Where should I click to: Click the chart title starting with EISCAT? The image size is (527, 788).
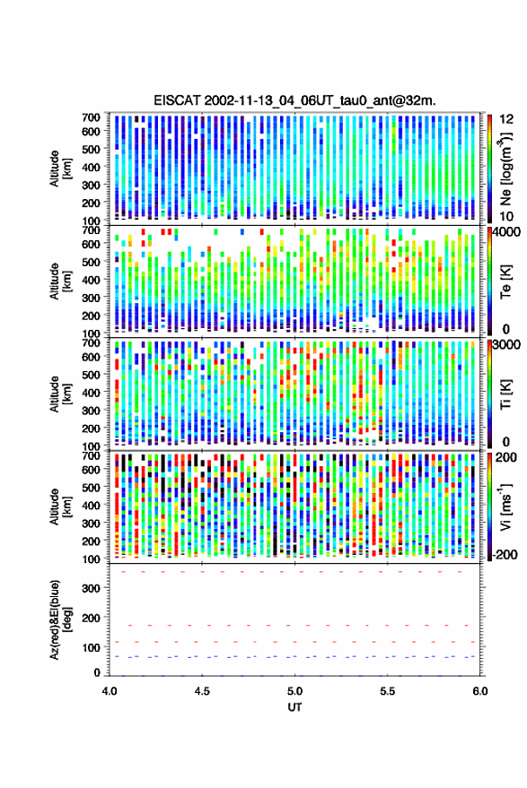[295, 100]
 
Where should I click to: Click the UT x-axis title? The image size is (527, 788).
[294, 707]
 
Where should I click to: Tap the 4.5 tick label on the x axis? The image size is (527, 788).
[202, 691]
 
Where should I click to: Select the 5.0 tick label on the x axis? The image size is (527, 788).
[294, 691]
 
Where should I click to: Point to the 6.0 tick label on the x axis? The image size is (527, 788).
[479, 691]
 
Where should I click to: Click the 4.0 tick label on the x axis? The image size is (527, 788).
[110, 691]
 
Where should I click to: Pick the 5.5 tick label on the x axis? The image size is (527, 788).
[387, 691]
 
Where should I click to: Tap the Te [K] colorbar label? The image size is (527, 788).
[505, 281]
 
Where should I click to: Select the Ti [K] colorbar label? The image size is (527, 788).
[505, 394]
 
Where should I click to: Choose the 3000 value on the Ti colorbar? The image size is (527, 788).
[506, 345]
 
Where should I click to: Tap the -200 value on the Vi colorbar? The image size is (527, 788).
[505, 554]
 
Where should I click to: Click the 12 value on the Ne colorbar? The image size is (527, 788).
[507, 119]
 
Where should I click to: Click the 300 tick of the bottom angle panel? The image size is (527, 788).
[91, 587]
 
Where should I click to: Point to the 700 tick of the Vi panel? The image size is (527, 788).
[91, 455]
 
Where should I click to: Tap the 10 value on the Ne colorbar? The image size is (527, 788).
[507, 216]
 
